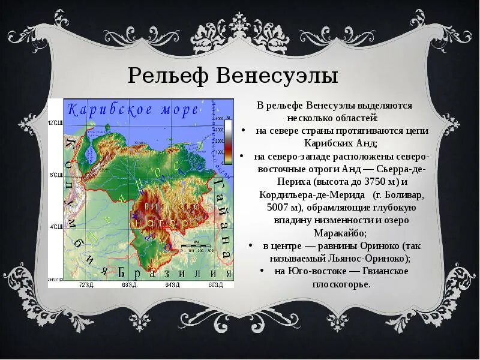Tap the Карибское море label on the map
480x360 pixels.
(x=133, y=110)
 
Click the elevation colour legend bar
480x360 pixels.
(x=229, y=139)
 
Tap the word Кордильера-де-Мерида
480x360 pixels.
(x=312, y=195)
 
